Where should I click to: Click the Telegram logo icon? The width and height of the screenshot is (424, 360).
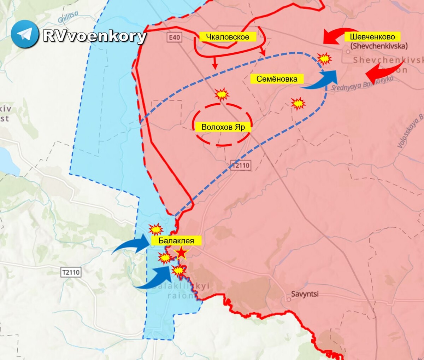25,34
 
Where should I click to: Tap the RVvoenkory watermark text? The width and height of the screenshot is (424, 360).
94,36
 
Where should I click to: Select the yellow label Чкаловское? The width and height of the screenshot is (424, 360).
228,37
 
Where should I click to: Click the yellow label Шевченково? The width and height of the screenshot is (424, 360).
372,37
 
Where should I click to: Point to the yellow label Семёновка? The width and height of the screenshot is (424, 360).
277,79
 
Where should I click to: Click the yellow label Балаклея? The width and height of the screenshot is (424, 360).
176,241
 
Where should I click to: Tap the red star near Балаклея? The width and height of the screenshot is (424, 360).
181,253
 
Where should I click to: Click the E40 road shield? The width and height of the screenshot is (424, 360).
175,37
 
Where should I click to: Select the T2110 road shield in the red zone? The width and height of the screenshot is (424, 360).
241,165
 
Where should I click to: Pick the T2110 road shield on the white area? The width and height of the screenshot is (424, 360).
71,272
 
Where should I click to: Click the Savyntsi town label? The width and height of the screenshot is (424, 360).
305,294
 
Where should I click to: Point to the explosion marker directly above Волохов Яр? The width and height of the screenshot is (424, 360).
222,94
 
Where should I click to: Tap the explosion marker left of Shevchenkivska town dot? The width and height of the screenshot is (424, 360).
324,58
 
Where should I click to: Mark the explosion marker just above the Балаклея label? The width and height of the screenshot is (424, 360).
155,229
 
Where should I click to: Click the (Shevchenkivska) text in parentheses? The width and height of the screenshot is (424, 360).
379,46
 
